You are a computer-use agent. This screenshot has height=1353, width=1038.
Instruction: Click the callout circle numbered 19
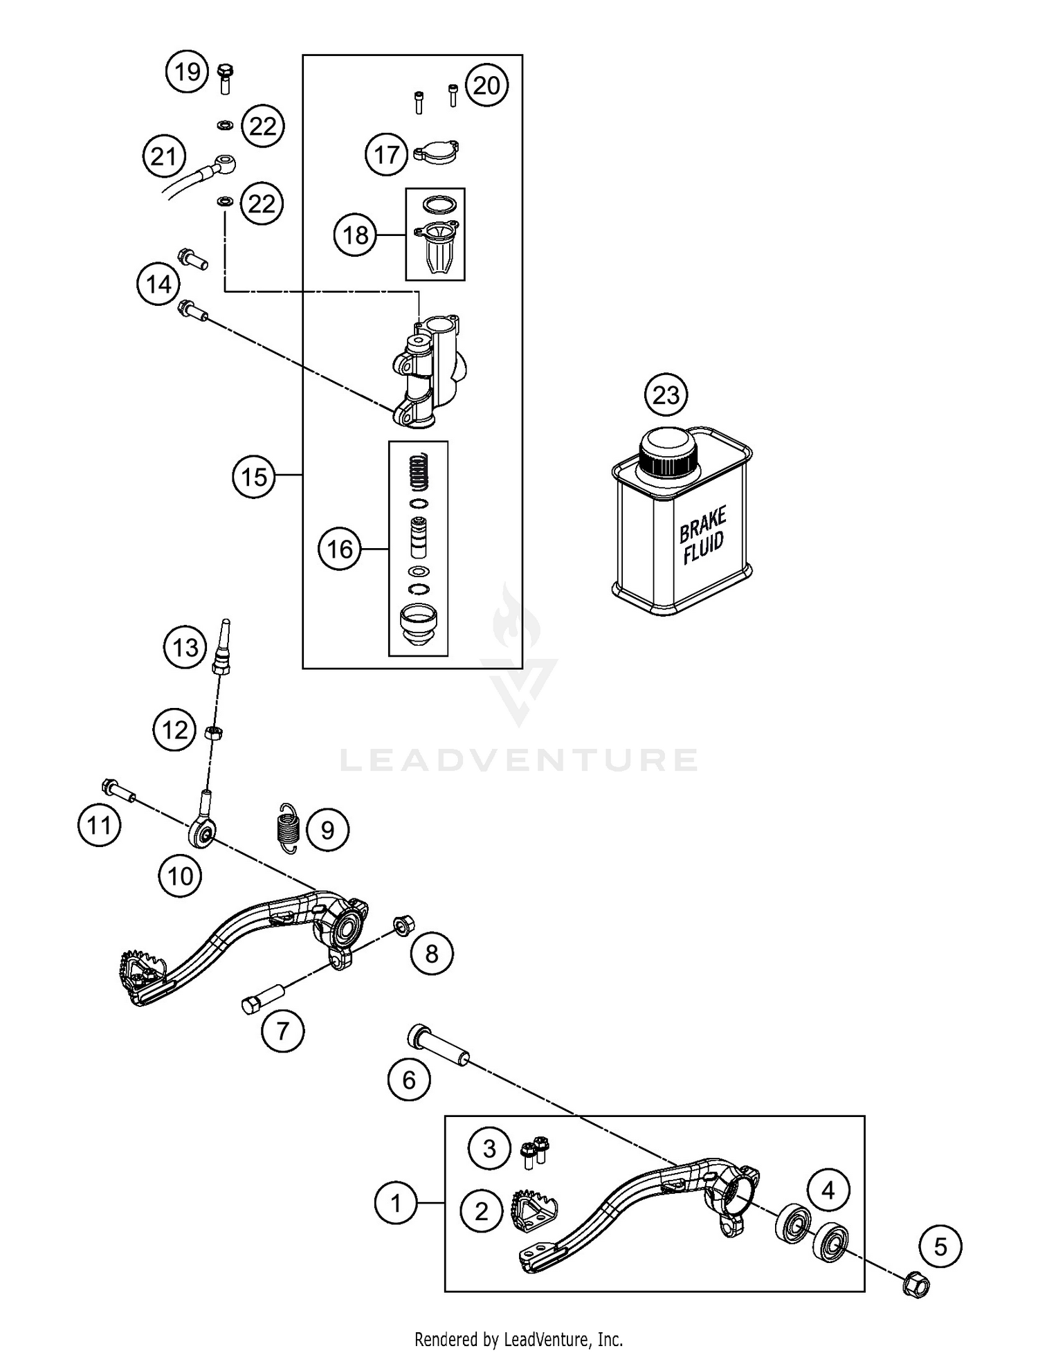188,72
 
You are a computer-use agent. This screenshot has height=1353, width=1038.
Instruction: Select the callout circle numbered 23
666,395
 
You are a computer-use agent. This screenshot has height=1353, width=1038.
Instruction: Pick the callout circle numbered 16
340,550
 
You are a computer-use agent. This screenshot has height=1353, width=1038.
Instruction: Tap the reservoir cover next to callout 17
438,152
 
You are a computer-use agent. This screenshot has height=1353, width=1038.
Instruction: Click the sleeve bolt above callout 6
439,1047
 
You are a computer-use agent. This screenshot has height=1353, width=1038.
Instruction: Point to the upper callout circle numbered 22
263,127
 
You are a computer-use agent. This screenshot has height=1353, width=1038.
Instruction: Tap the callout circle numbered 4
828,1190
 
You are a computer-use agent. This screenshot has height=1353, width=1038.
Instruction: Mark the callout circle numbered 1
396,1204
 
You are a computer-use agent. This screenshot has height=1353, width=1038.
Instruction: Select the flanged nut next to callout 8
403,925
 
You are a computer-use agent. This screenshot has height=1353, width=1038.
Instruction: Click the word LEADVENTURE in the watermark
519,760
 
